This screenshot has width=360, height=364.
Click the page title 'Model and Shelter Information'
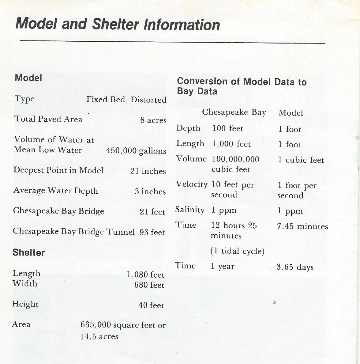(118, 24)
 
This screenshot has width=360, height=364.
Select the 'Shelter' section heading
(28, 253)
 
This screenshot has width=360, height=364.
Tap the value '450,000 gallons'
(136, 151)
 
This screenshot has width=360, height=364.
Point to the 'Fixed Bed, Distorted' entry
(126, 100)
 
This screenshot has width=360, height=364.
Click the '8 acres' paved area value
(153, 120)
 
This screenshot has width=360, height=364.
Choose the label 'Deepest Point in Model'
(58, 170)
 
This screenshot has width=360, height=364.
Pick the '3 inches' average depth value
(150, 191)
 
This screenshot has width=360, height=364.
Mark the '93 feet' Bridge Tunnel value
(152, 232)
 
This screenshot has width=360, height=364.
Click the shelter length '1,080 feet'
(146, 275)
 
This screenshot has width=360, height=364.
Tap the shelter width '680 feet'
(149, 285)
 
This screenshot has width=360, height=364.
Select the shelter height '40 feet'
(151, 305)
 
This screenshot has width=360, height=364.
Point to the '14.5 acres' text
(99, 336)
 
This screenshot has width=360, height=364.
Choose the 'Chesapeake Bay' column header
(234, 112)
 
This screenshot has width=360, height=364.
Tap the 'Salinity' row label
(189, 210)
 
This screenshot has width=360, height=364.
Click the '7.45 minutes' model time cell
(302, 226)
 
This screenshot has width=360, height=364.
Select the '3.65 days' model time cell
(295, 267)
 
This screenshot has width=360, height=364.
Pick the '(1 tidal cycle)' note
(237, 251)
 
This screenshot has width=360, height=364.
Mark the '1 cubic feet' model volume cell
(301, 160)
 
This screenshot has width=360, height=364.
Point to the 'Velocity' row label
(191, 184)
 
